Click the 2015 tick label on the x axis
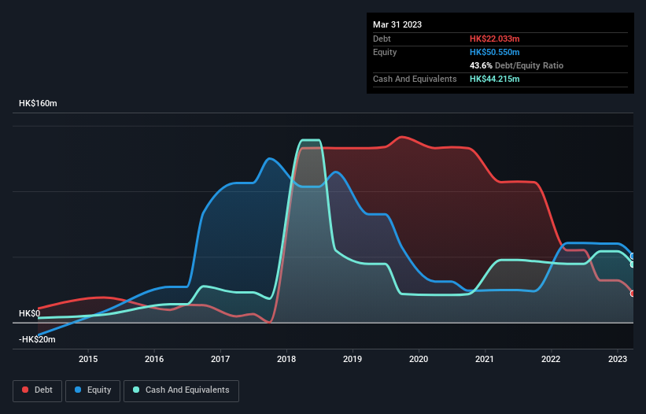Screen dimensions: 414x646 point(88,360)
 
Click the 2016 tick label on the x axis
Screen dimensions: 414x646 point(154,360)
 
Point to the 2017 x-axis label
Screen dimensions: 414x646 point(220,360)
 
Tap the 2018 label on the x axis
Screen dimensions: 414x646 point(286,360)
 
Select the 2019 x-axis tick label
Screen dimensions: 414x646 point(353,360)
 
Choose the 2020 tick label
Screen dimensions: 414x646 point(419,360)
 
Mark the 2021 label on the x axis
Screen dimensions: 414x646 point(485,360)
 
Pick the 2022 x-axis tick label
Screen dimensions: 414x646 point(551,360)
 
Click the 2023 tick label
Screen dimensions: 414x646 point(617,360)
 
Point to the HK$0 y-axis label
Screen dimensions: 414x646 point(28,313)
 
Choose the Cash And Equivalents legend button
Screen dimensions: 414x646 point(181,390)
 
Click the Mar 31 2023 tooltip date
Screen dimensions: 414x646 point(397,24)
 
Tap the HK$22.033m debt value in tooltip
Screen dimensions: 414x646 point(495,39)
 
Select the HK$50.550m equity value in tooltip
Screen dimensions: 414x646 point(495,52)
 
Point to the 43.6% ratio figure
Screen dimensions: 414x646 point(481,65)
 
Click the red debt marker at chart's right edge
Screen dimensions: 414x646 point(633,294)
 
